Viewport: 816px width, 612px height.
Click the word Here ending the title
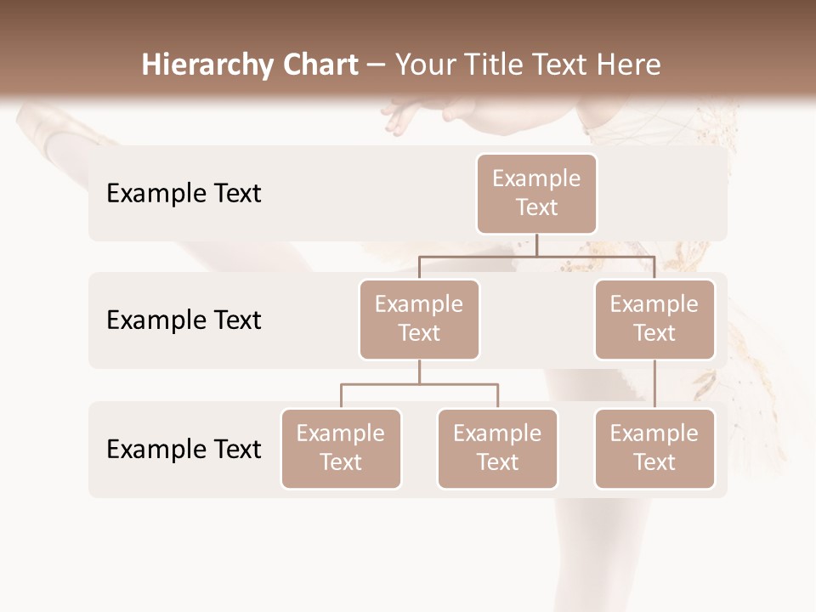pos(629,65)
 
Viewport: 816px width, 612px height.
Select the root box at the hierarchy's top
pos(536,194)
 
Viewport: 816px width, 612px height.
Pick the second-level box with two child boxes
pos(419,320)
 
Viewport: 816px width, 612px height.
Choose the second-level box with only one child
pos(654,320)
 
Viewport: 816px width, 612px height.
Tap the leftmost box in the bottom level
pos(341,449)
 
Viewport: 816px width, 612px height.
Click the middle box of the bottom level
pos(497,449)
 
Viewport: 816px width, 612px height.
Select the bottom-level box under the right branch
pos(654,449)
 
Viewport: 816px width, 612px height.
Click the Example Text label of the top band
pos(184,194)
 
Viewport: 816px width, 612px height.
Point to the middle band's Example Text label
pos(184,320)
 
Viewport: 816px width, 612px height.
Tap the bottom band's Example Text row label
pos(184,449)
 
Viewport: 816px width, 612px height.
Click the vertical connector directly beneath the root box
pos(536,245)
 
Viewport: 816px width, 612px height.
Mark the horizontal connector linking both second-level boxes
pos(536,256)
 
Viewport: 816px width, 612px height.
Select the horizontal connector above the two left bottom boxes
pos(419,384)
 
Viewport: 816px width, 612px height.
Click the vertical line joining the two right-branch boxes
pos(654,384)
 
